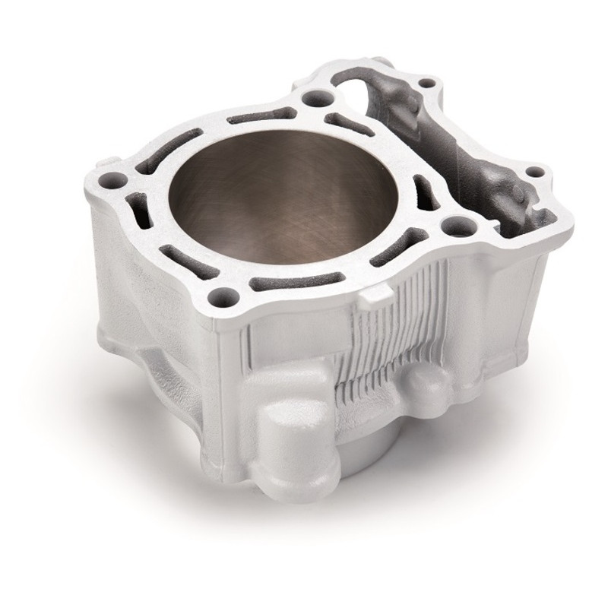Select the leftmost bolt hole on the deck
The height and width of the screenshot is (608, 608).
pyautogui.click(x=117, y=179)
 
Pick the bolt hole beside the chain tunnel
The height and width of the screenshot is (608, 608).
pyautogui.click(x=454, y=224)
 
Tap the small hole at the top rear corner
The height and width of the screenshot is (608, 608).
pyautogui.click(x=427, y=82)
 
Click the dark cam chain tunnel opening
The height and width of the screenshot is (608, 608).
pyautogui.click(x=456, y=144)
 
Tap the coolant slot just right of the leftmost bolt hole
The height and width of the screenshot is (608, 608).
pyautogui.click(x=137, y=205)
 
